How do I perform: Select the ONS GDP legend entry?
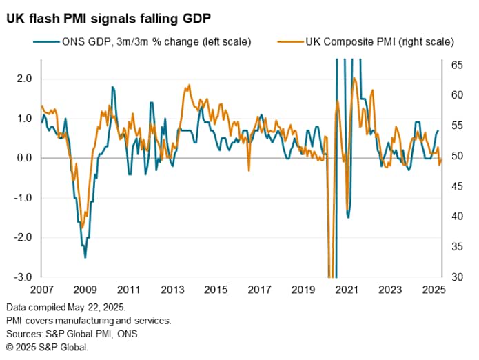[141, 41]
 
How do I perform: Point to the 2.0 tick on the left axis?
[25, 79]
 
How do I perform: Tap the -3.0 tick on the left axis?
[23, 277]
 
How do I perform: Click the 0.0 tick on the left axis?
[25, 158]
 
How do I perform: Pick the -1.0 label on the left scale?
[23, 198]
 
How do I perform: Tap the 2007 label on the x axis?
[43, 289]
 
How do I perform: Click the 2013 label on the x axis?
[172, 289]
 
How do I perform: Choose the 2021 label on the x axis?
[345, 289]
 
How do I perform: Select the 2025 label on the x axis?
[431, 289]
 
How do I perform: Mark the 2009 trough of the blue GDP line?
[85, 257]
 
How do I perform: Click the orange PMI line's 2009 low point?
[82, 228]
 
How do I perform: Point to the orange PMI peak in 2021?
[354, 78]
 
